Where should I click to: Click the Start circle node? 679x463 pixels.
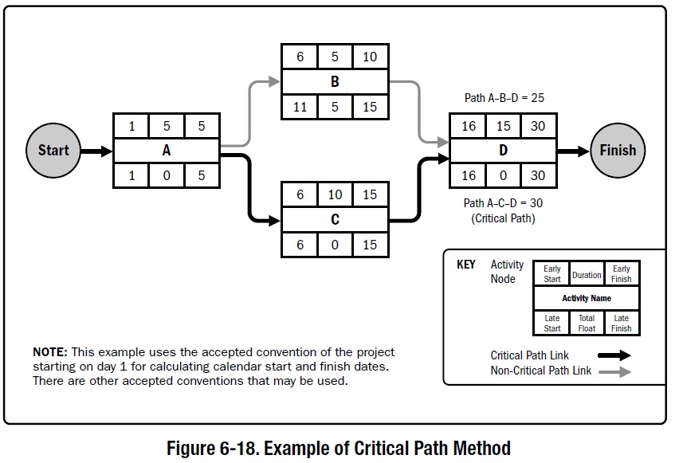53,150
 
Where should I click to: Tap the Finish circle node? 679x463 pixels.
618,150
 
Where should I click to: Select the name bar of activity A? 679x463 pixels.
167,150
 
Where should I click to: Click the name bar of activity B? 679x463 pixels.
335,81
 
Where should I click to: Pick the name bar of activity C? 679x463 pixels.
335,220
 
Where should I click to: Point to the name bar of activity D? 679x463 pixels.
503,150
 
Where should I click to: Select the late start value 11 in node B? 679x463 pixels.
300,106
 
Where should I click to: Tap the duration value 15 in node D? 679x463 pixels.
503,127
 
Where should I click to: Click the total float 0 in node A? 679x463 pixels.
167,175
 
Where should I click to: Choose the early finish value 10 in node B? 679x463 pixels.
370,57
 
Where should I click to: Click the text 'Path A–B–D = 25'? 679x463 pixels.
504,98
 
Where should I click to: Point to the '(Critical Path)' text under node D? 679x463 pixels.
504,218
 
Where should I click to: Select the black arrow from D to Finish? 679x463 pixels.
573,151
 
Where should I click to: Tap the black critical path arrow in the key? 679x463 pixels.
613,355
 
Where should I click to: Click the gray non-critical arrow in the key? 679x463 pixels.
613,371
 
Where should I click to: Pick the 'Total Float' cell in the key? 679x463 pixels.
587,323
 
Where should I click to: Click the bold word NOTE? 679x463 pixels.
50,352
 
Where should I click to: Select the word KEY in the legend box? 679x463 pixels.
465,265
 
